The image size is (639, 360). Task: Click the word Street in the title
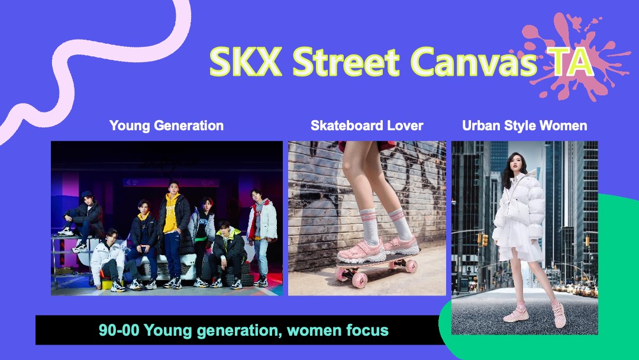[x=346, y=62]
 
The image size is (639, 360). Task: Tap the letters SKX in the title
[x=246, y=62]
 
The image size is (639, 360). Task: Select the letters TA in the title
[x=569, y=62]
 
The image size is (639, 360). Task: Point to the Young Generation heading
[x=166, y=126]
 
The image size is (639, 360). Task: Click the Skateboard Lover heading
[x=367, y=126]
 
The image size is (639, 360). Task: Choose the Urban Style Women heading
[x=524, y=126]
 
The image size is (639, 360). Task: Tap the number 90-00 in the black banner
[x=118, y=330]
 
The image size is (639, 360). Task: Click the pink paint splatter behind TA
[x=570, y=57]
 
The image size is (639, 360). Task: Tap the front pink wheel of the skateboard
[x=360, y=281]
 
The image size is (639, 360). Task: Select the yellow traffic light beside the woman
[x=485, y=240]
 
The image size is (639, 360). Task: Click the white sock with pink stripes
[x=370, y=227]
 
